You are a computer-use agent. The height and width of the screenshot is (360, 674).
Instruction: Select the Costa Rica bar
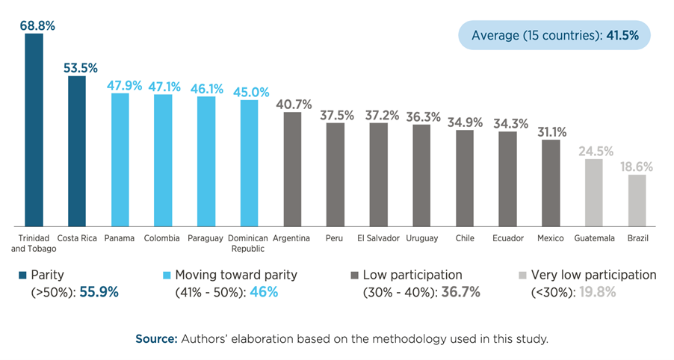[x=77, y=149]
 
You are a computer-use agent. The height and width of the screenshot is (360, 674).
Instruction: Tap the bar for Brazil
[x=637, y=199]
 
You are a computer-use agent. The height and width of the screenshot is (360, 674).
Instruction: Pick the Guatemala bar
[x=593, y=191]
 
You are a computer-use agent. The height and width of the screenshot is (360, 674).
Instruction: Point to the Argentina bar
[x=292, y=168]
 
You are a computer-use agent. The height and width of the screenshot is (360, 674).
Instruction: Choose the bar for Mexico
[x=551, y=182]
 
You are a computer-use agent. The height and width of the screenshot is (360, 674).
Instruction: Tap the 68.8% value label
[x=36, y=25]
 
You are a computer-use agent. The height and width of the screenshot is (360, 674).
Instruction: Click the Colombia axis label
[x=163, y=238]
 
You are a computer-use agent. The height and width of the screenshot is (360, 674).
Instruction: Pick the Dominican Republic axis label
[x=249, y=243]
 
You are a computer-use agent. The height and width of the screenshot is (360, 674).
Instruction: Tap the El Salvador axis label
[x=378, y=238]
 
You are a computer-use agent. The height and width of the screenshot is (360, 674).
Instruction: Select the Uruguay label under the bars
[x=421, y=238]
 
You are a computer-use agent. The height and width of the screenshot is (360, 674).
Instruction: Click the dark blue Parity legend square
[x=22, y=276]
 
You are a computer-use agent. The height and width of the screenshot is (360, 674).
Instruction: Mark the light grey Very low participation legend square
[x=522, y=276]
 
